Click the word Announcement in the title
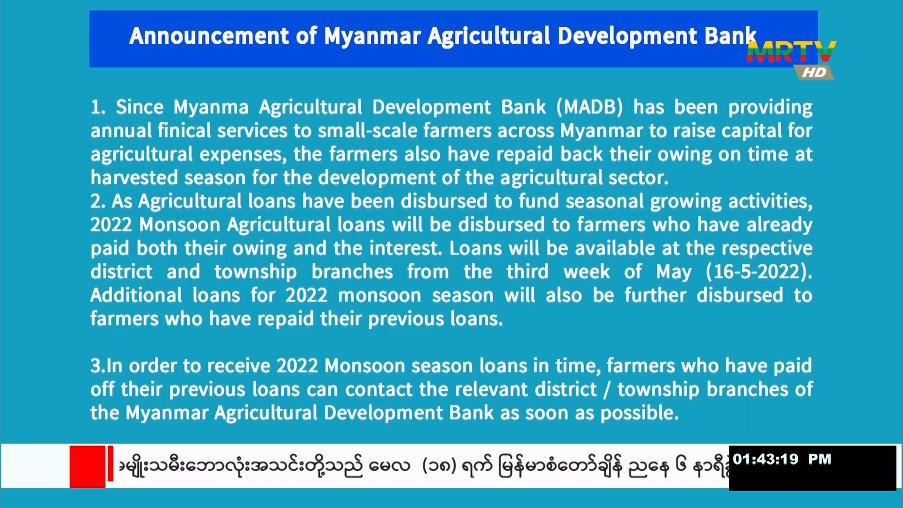pos(209,36)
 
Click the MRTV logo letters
pos(791,52)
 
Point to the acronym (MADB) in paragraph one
pos(590,107)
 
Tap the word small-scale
pos(367,131)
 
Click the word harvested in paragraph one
pos(134,178)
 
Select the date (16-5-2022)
pos(759,272)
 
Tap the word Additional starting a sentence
pos(136,295)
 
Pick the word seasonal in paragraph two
pos(604,201)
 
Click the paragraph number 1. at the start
pos(98,107)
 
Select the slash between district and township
pos(607,390)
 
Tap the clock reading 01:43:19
pos(766,459)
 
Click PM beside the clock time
pos(820,459)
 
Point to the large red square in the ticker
pos(87,467)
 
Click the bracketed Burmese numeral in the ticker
pos(439,466)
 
